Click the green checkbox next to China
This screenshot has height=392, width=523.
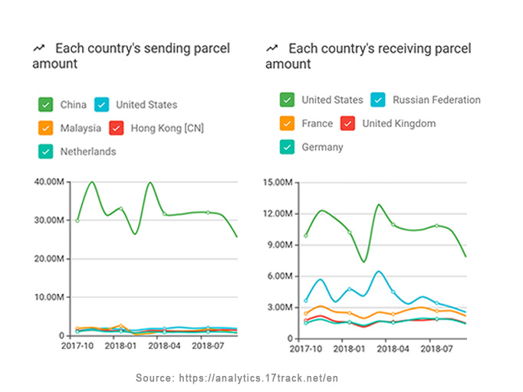click(46, 105)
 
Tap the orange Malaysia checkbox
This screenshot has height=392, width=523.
click(46, 128)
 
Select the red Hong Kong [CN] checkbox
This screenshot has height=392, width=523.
click(117, 128)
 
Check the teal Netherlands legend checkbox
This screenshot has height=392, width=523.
click(46, 151)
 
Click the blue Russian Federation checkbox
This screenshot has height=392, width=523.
click(377, 100)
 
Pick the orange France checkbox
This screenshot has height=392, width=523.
click(287, 123)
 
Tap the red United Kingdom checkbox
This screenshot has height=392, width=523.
click(347, 123)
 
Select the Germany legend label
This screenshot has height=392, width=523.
click(322, 147)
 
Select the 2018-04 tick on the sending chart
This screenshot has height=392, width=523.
click(163, 346)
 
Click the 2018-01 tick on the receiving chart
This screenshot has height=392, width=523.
click(350, 349)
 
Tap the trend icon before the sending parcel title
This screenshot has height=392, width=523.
click(38, 48)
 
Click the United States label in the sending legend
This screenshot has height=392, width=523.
click(146, 105)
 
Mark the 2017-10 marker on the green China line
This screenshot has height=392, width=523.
click(77, 220)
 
